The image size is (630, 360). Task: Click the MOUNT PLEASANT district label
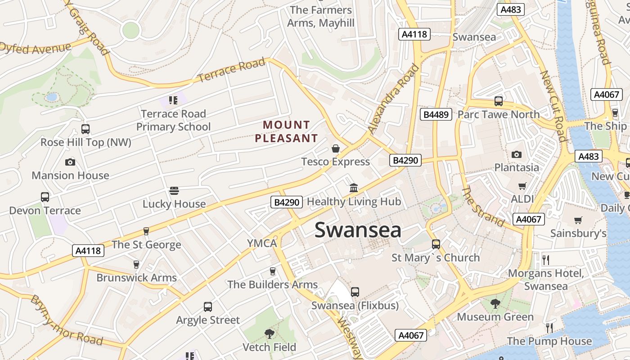click(286, 131)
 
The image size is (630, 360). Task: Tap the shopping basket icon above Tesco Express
click(336, 148)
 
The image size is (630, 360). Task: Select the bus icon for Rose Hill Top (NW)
click(85, 129)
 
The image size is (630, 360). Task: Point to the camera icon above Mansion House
click(70, 162)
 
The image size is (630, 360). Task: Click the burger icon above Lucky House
click(174, 191)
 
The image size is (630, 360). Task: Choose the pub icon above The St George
click(146, 231)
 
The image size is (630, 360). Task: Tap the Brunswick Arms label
click(136, 278)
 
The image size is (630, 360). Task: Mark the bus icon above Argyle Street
click(208, 307)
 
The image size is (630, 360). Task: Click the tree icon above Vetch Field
click(269, 334)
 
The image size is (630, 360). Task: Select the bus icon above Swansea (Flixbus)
click(355, 292)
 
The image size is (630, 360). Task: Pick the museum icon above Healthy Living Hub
click(354, 188)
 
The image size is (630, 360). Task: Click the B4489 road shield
click(436, 114)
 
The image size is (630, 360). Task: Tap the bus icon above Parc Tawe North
click(499, 101)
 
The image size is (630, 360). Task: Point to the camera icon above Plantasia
click(517, 154)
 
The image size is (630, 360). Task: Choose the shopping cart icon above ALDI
click(522, 186)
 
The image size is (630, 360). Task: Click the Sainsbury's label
click(578, 233)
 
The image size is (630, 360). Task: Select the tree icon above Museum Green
click(495, 304)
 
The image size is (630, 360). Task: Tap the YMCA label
click(262, 243)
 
